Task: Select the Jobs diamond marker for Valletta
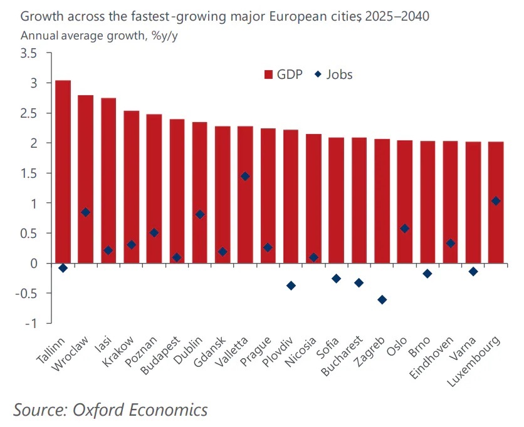tap(245, 177)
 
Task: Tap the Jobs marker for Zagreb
tap(382, 299)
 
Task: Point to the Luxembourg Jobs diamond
tap(496, 201)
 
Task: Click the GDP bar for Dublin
tap(200, 188)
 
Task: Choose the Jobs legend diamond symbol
tap(318, 75)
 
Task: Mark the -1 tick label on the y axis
tap(30, 323)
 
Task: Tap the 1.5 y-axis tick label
tap(29, 173)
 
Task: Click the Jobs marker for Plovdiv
tap(291, 286)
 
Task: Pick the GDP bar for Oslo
tap(405, 200)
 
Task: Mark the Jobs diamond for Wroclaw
tap(85, 212)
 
